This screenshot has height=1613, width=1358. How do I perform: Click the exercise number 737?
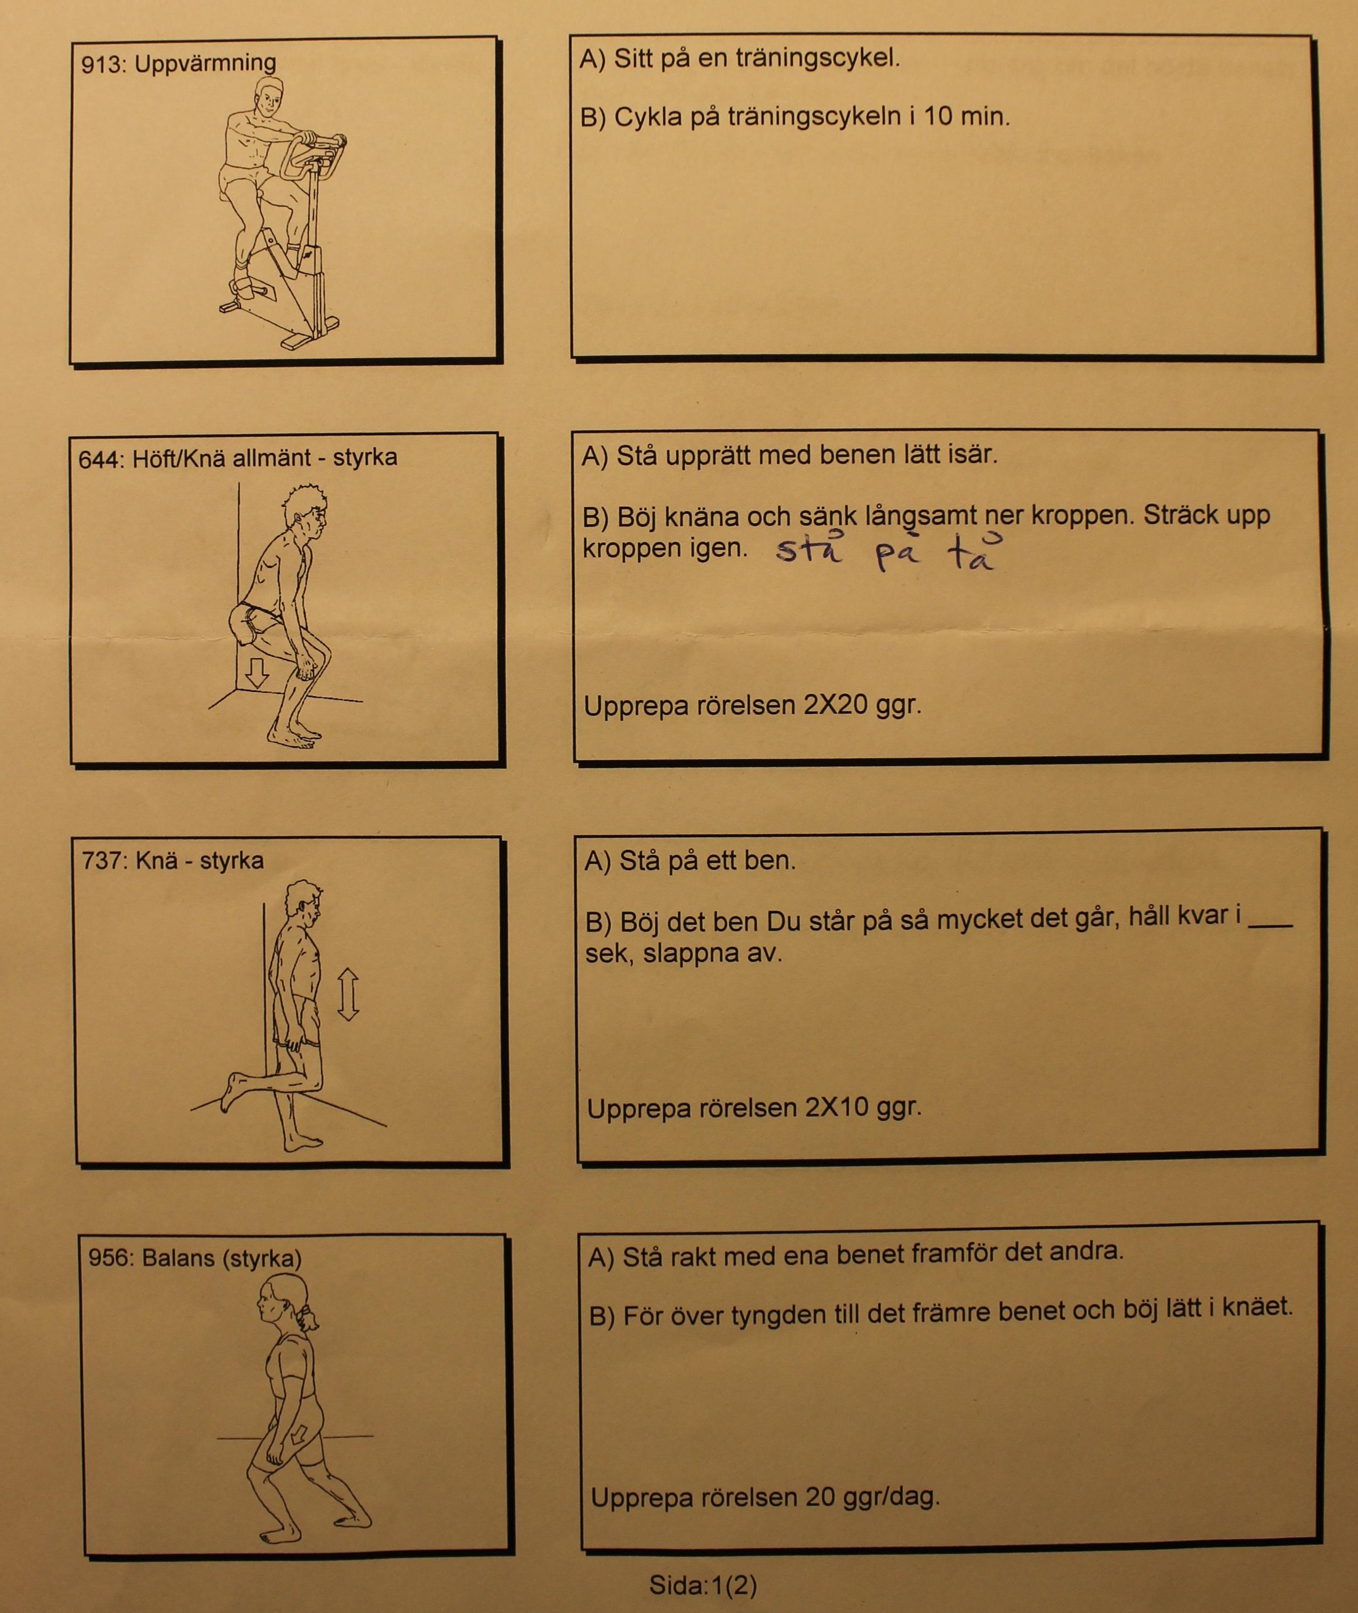104,860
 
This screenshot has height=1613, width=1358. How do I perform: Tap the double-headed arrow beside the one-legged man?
348,994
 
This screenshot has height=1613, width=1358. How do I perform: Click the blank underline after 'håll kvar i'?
1269,925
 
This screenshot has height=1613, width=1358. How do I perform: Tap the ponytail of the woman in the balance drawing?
309,1318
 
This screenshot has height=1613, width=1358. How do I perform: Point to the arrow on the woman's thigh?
297,1435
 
